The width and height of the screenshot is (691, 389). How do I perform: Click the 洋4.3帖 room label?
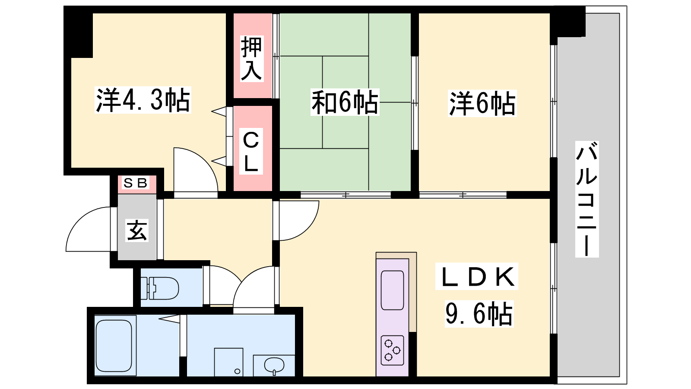(x=143, y=100)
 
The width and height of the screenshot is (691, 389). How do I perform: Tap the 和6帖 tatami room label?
(x=345, y=102)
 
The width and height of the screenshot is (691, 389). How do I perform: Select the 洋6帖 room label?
(x=482, y=103)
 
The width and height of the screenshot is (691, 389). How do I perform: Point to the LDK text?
(x=477, y=276)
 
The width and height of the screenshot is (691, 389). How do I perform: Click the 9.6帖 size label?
(x=479, y=314)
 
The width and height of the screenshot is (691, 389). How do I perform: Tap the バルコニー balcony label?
(x=587, y=199)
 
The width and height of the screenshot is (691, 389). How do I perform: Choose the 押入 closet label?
(x=252, y=59)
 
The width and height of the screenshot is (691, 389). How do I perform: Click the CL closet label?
(x=251, y=151)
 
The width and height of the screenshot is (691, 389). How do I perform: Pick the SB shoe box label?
(x=136, y=183)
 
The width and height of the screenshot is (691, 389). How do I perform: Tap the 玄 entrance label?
(x=137, y=230)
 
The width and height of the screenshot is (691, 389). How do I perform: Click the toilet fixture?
(x=159, y=288)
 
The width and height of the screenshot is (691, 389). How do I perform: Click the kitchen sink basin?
(x=392, y=290)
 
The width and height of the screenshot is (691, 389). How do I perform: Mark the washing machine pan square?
(x=228, y=362)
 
